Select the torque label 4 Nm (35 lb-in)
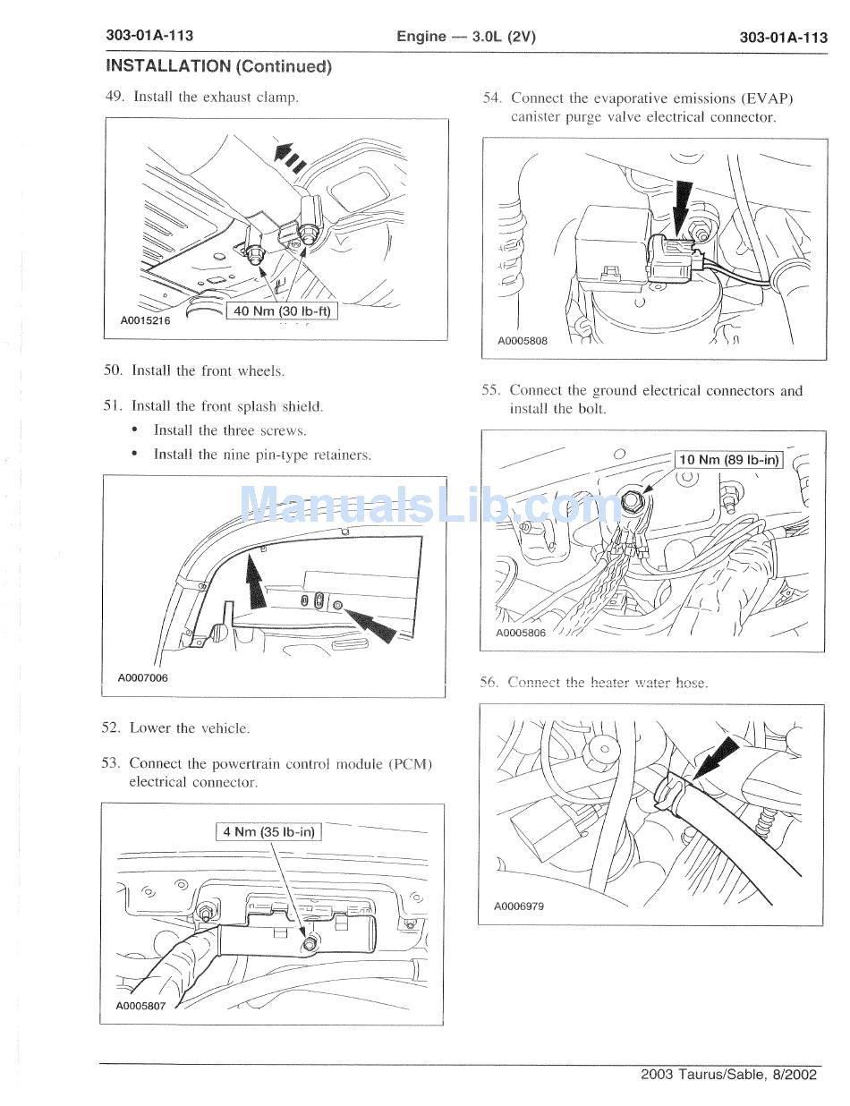click(x=268, y=831)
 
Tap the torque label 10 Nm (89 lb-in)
click(x=728, y=460)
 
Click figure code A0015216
click(x=145, y=320)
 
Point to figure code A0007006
click(x=142, y=677)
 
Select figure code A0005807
click(x=141, y=1005)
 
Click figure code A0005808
click(x=522, y=340)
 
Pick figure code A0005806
click(x=521, y=633)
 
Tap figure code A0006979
click(x=519, y=906)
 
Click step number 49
click(x=114, y=97)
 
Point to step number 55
click(x=489, y=390)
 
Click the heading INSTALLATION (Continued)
click(x=218, y=65)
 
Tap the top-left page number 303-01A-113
click(x=149, y=36)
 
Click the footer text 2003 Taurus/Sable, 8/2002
click(x=728, y=1075)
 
